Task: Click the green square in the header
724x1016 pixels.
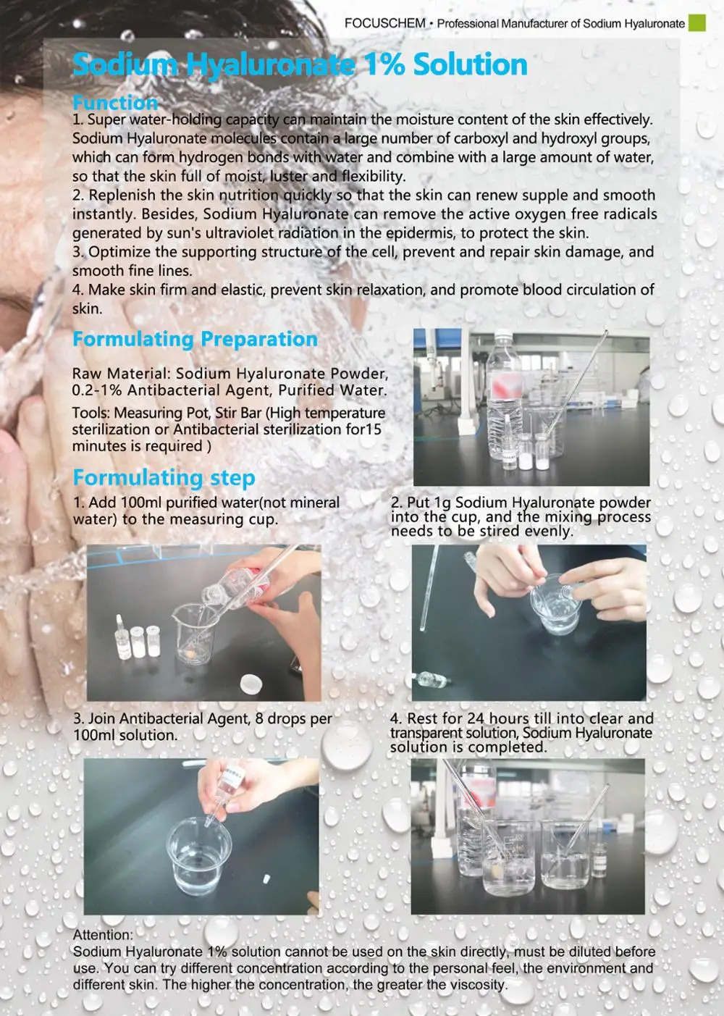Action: click(696, 22)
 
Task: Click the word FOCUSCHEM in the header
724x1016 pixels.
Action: click(385, 23)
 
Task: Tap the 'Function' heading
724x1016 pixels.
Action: click(115, 103)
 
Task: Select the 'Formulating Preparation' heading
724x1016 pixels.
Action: click(195, 340)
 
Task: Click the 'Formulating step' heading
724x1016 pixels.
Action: click(164, 478)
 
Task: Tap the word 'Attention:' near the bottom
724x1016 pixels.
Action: click(103, 935)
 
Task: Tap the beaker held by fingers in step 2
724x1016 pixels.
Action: click(555, 603)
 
